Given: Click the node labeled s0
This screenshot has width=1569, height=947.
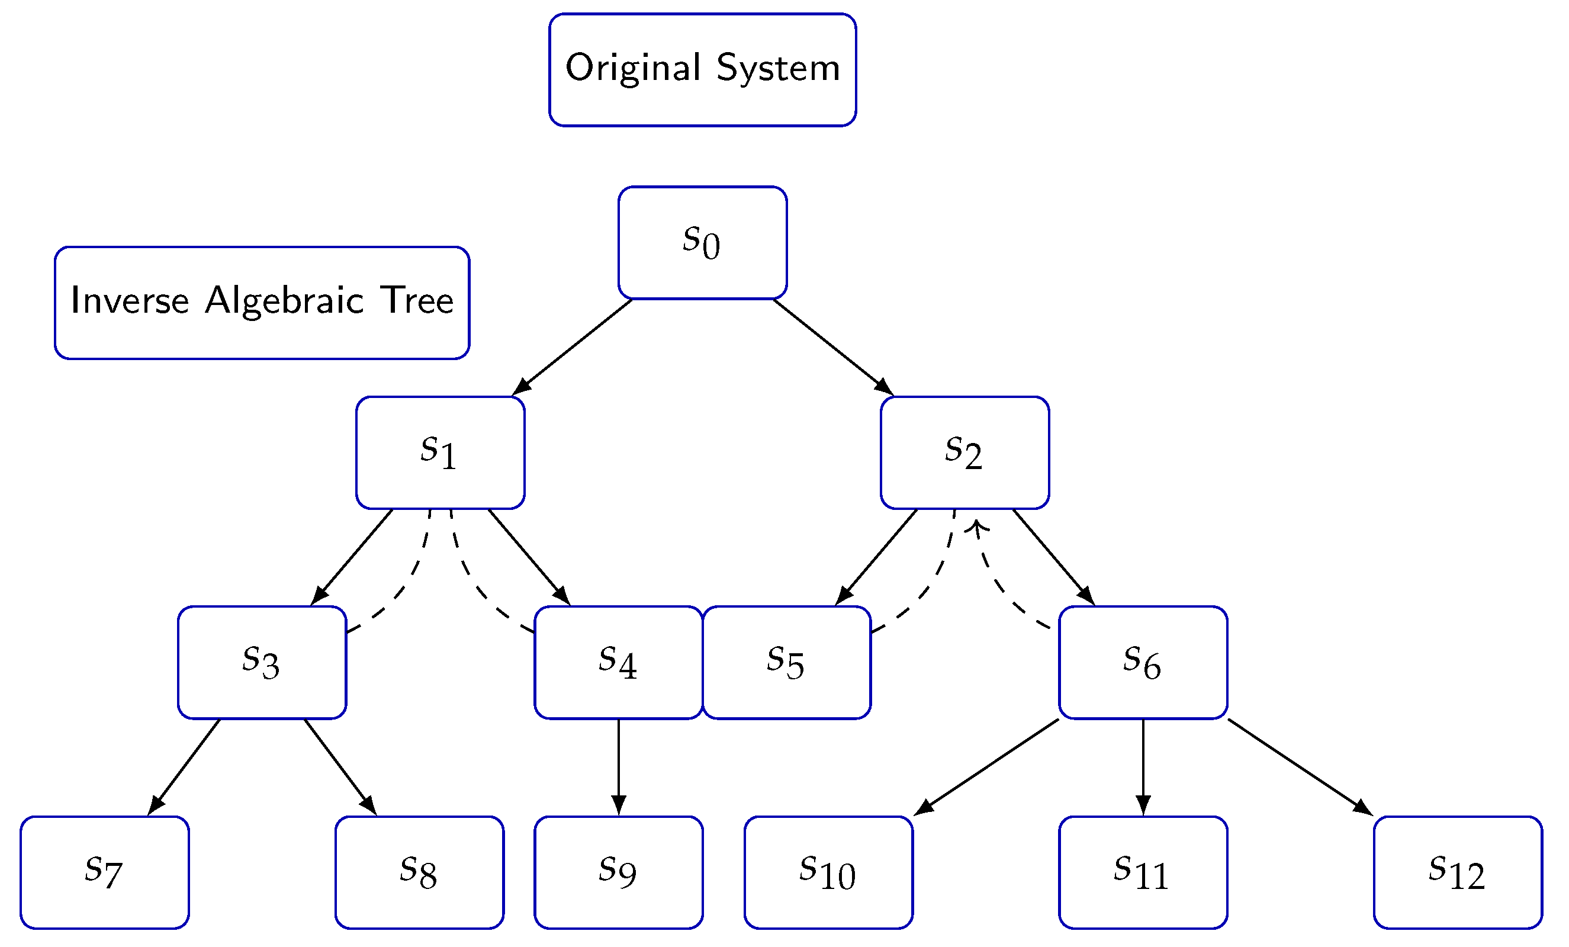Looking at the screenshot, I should (702, 243).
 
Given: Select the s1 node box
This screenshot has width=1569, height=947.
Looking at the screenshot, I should (440, 453).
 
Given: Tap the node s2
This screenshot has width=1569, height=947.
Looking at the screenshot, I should (964, 453).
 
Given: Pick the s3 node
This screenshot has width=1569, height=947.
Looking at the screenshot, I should (262, 662).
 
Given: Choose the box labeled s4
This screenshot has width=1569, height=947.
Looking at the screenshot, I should (618, 662).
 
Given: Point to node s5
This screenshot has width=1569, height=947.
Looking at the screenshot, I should (786, 662).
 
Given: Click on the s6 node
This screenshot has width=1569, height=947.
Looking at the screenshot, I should (1142, 662).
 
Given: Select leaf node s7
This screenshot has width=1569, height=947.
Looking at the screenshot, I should (104, 872).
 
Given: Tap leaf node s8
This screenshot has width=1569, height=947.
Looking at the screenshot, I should (419, 872).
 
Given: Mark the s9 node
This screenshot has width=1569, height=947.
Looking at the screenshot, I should (618, 872).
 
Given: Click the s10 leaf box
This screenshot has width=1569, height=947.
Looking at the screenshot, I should (828, 872).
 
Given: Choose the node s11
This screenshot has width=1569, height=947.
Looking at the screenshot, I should (1142, 872).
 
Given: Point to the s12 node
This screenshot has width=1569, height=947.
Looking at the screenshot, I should (1457, 872).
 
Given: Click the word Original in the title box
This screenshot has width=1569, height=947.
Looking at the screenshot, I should (633, 68).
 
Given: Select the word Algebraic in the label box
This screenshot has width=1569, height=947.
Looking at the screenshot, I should (284, 301).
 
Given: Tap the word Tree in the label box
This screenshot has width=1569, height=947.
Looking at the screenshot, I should (417, 301).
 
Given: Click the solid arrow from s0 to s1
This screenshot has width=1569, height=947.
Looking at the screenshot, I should (573, 347).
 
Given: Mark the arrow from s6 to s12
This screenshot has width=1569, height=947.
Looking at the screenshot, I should (1299, 767).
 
